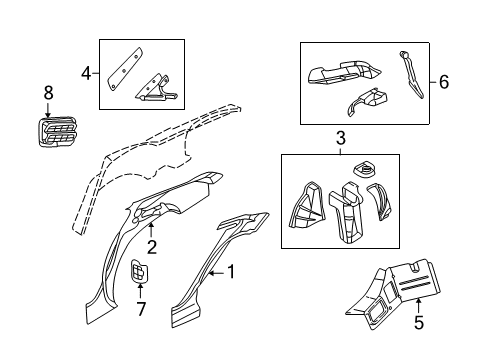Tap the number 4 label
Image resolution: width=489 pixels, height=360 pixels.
pos(87,71)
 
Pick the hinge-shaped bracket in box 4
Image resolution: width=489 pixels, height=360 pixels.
pos(158,89)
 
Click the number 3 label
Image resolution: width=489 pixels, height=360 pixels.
pos(340,137)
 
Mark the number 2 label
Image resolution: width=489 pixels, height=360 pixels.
pos(151,247)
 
